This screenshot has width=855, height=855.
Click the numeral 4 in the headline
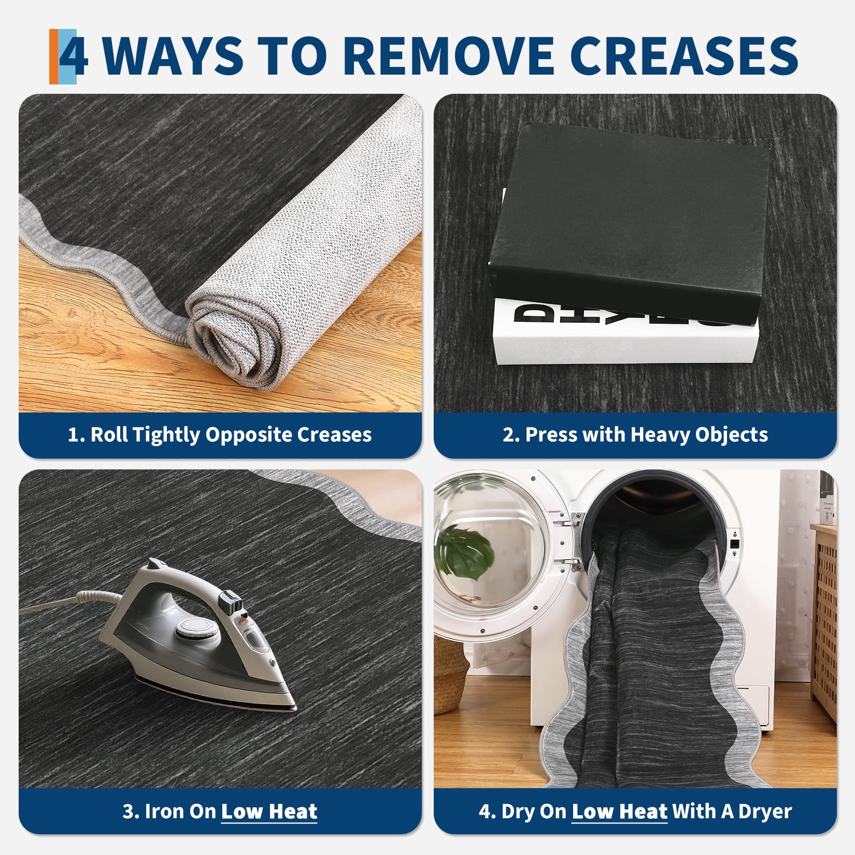74,55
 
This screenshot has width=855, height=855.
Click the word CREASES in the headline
687,55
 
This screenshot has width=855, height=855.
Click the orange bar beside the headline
54,56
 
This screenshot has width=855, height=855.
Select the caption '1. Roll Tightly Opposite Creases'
220,435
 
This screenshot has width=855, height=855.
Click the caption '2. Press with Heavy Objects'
635,435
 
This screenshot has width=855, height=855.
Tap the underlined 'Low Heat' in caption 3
269,811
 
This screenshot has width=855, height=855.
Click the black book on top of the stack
630,223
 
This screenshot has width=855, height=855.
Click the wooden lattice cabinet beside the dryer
823,622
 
